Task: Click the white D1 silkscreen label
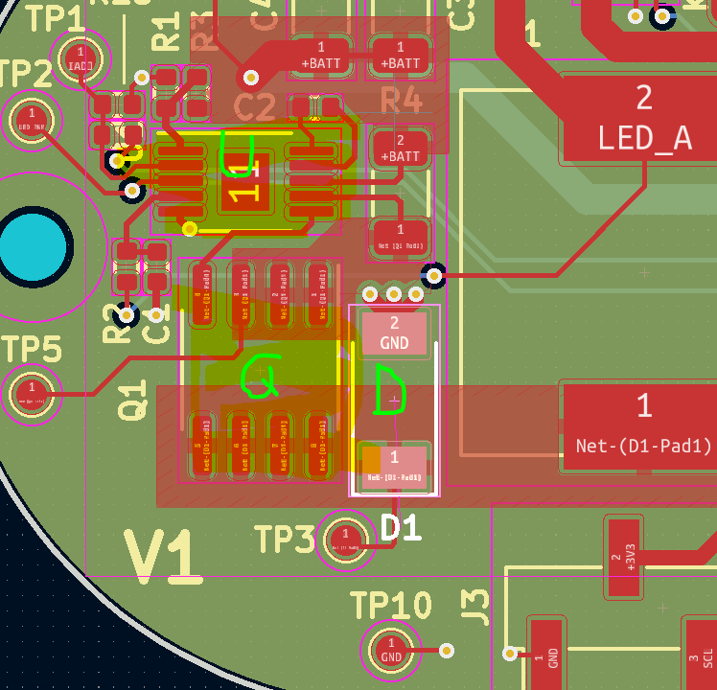[x=402, y=527]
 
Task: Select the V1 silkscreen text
[x=163, y=558]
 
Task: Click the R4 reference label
[x=401, y=100]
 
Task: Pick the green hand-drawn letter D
[x=388, y=390]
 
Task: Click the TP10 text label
[x=390, y=606]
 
